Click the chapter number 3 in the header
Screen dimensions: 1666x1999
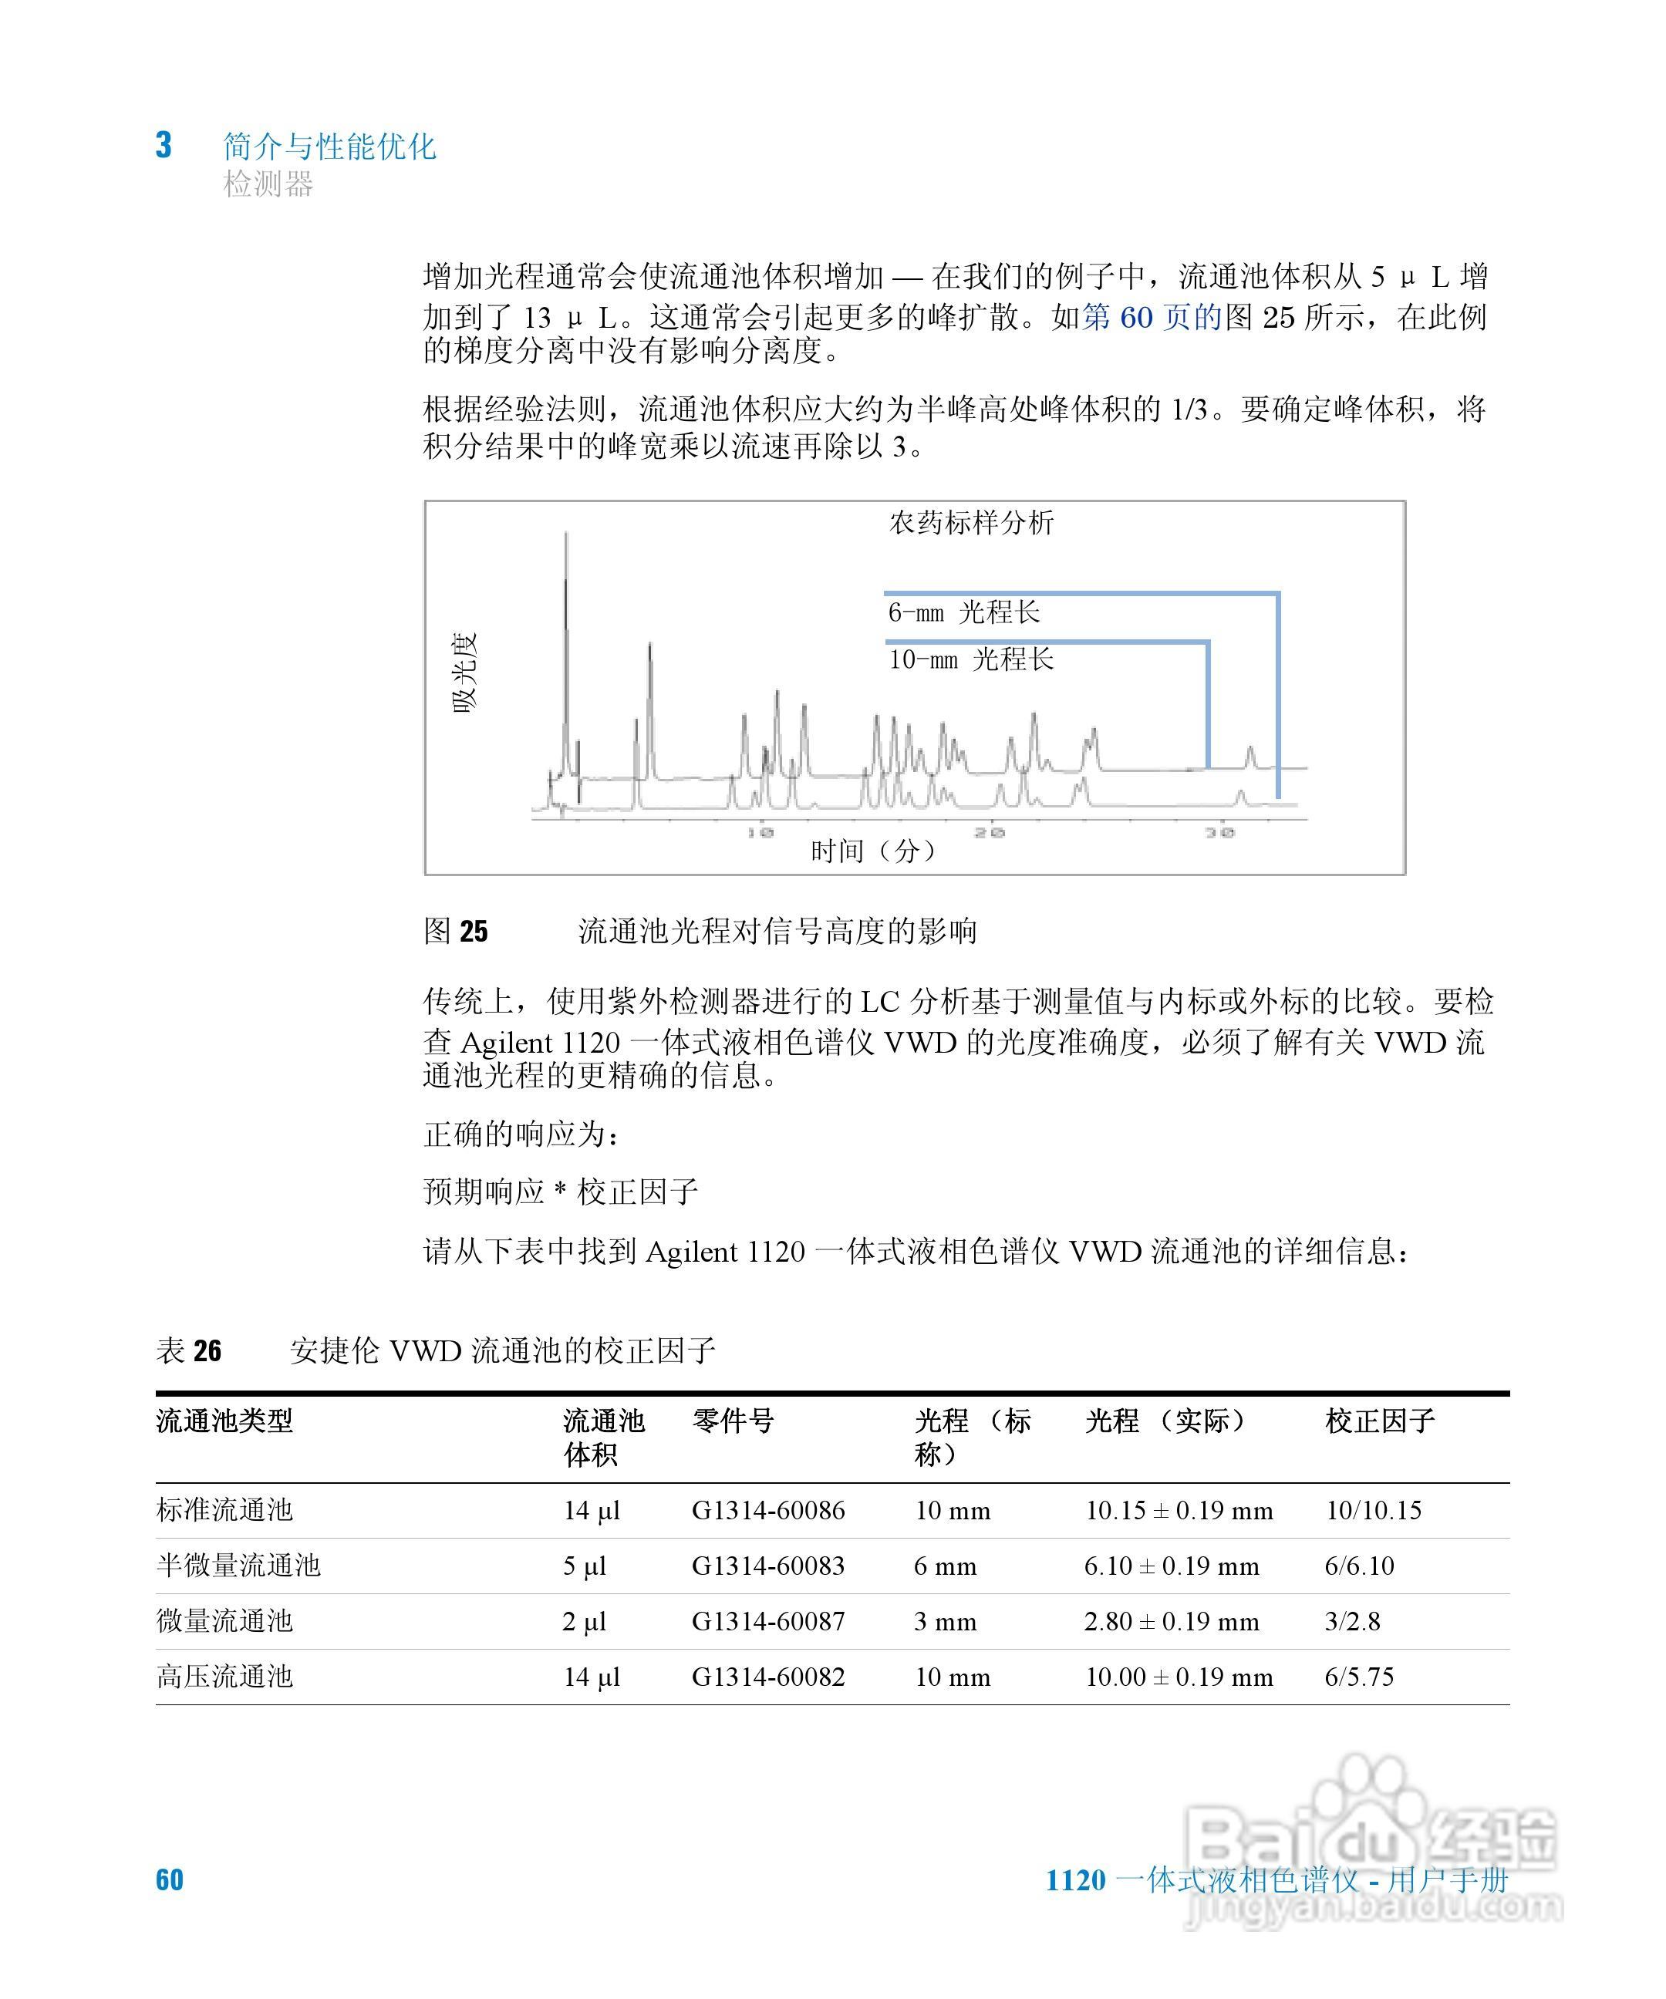[164, 146]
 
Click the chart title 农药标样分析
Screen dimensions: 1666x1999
[971, 523]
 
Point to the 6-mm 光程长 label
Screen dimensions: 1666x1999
[963, 612]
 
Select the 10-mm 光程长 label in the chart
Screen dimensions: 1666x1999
[971, 659]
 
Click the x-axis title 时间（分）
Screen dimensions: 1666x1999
[873, 850]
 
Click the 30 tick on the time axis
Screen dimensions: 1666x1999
[1219, 832]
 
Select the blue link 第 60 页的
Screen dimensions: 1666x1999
[1152, 316]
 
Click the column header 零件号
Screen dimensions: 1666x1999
[733, 1421]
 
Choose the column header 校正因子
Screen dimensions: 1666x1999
[1379, 1421]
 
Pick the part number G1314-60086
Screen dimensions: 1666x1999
[768, 1511]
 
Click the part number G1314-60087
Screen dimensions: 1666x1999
[768, 1621]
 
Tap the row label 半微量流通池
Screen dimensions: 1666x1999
[238, 1566]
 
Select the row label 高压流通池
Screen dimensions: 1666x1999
[224, 1677]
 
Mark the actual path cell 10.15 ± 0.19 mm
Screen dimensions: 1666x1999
[1179, 1511]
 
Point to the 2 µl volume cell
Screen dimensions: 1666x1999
[584, 1621]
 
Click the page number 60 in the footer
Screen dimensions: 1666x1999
[170, 1880]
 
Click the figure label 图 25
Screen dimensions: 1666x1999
[455, 930]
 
